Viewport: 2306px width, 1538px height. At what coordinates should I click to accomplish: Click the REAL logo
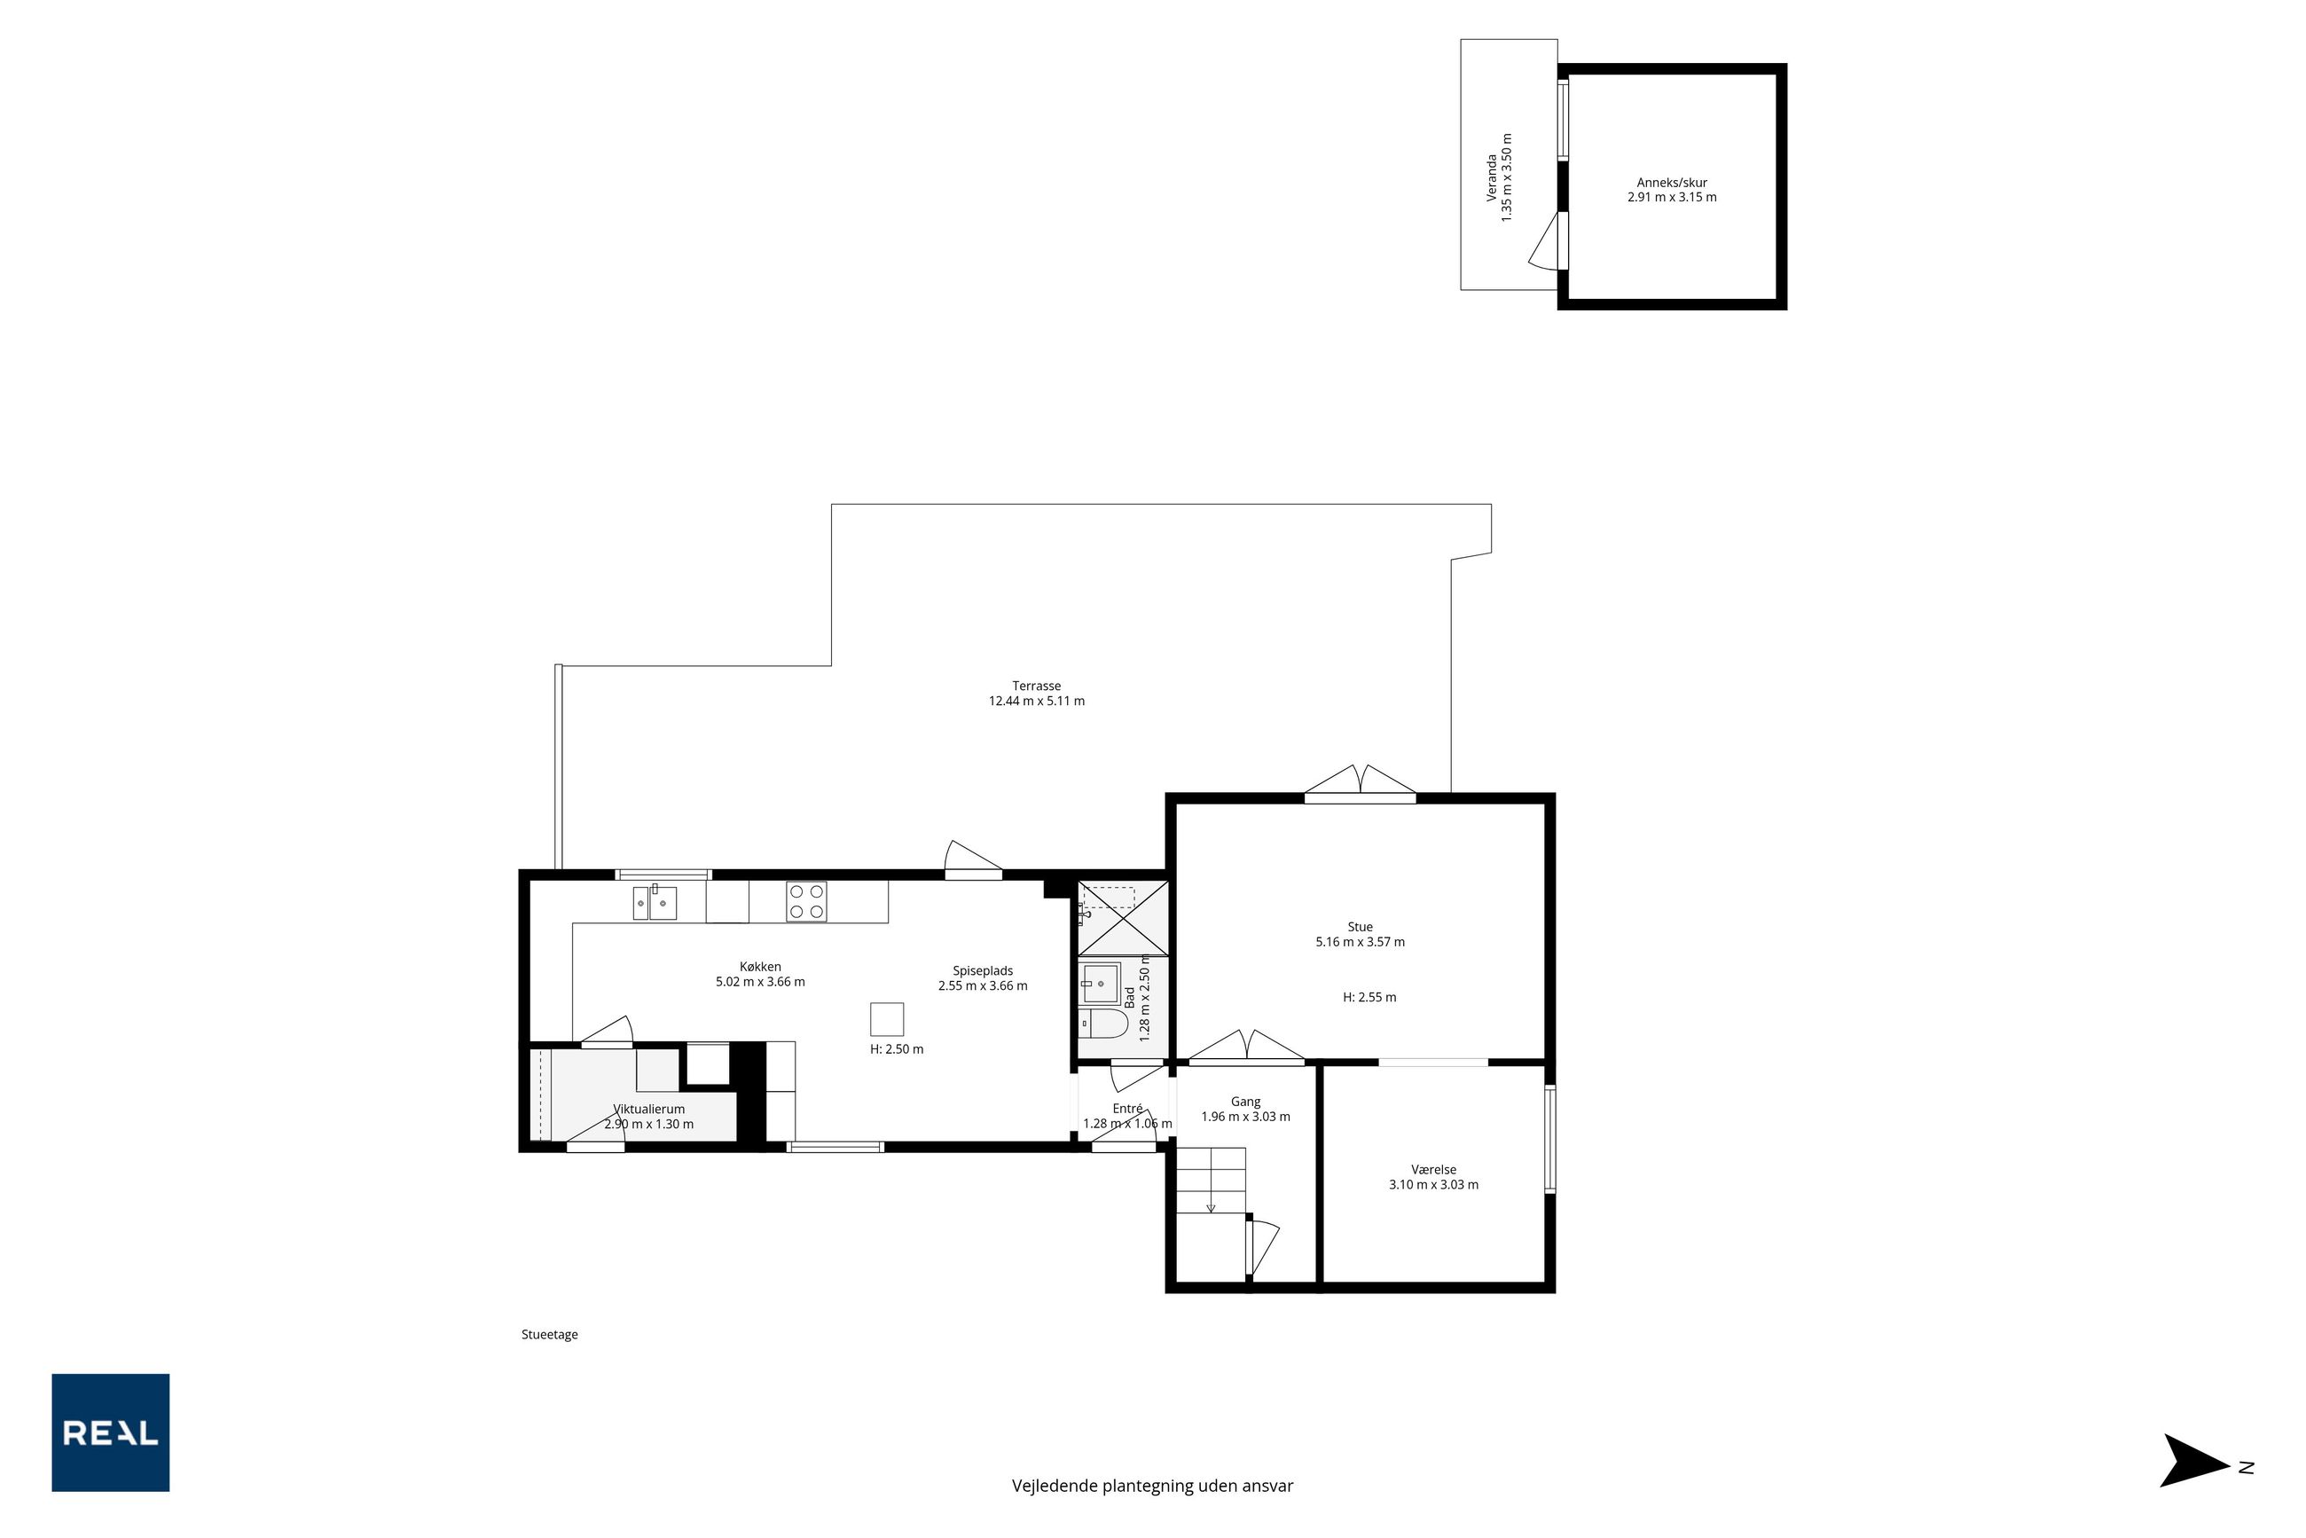110,1432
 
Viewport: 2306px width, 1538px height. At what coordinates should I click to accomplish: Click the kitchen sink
655,902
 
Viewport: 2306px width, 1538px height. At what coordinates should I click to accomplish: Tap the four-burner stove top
806,901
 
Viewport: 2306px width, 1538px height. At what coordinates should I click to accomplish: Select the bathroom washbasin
1101,982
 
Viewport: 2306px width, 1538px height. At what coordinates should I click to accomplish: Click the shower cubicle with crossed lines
1124,918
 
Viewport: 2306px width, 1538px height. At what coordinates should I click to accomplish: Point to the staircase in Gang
1211,1180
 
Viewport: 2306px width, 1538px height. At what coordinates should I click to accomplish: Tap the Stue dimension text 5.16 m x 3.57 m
1360,942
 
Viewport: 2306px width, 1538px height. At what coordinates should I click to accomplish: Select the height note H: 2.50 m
897,1048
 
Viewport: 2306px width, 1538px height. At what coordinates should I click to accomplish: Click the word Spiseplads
983,971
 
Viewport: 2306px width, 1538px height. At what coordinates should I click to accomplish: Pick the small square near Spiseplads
887,1019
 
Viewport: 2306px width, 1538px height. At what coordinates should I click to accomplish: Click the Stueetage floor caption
549,1334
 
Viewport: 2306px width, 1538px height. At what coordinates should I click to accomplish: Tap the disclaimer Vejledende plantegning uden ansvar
1152,1486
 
